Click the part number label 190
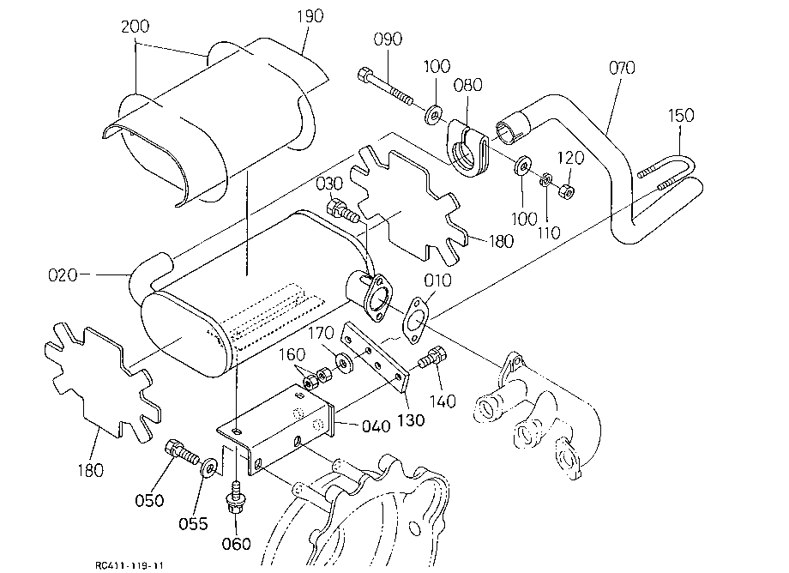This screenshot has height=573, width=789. click(x=310, y=16)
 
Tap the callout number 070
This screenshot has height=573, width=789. click(x=622, y=68)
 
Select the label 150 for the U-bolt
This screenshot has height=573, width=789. click(x=681, y=115)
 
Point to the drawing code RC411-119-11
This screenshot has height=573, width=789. click(x=129, y=565)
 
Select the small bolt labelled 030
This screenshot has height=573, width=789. click(x=343, y=211)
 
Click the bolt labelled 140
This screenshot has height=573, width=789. click(x=432, y=358)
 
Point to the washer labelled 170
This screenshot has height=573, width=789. click(x=344, y=363)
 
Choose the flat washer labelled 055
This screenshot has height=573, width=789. click(x=208, y=467)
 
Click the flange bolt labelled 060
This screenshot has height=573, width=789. click(x=234, y=498)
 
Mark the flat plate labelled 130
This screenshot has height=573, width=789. click(x=375, y=358)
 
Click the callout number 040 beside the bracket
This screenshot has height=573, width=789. click(x=376, y=426)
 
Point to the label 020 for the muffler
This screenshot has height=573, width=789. click(x=63, y=275)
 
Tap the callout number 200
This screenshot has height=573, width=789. click(x=136, y=26)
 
